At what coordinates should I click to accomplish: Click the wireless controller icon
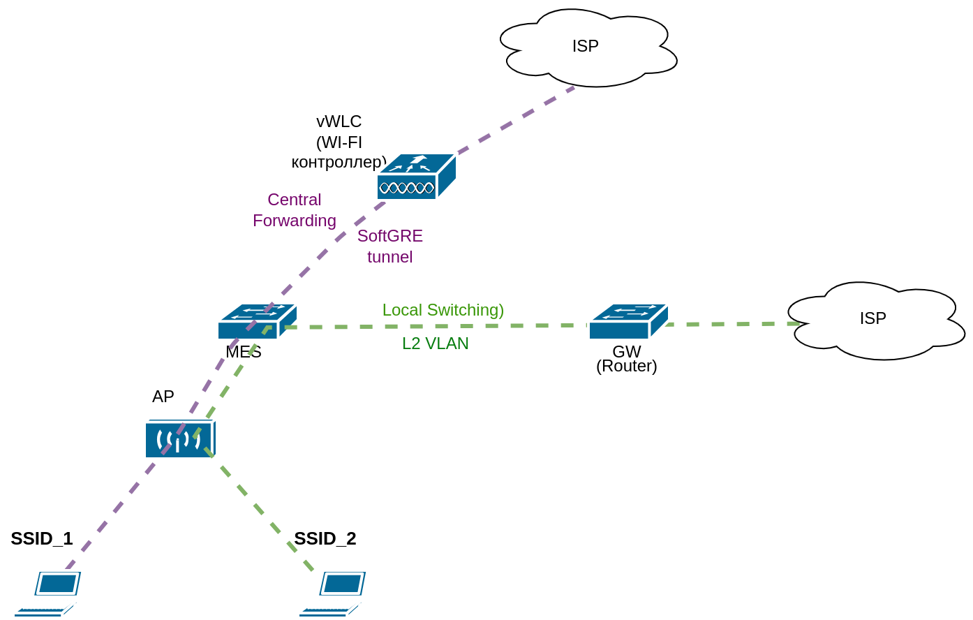[416, 177]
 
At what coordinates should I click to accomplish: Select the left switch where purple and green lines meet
[257, 322]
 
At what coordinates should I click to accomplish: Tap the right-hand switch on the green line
[628, 322]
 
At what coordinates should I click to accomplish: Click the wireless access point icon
[180, 438]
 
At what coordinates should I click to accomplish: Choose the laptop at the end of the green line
[334, 594]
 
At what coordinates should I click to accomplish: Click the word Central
[294, 200]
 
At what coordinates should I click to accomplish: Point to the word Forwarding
[294, 221]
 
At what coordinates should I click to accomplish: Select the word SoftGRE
[389, 236]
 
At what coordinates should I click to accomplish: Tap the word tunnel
[389, 257]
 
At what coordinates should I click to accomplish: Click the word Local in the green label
[401, 310]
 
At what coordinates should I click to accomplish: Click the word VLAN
[447, 344]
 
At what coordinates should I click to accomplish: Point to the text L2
[412, 344]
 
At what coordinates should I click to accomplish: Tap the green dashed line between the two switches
[433, 326]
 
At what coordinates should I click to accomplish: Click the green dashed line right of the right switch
[733, 324]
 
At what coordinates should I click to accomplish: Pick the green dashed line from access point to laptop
[262, 513]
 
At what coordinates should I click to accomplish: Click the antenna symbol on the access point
[179, 440]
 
